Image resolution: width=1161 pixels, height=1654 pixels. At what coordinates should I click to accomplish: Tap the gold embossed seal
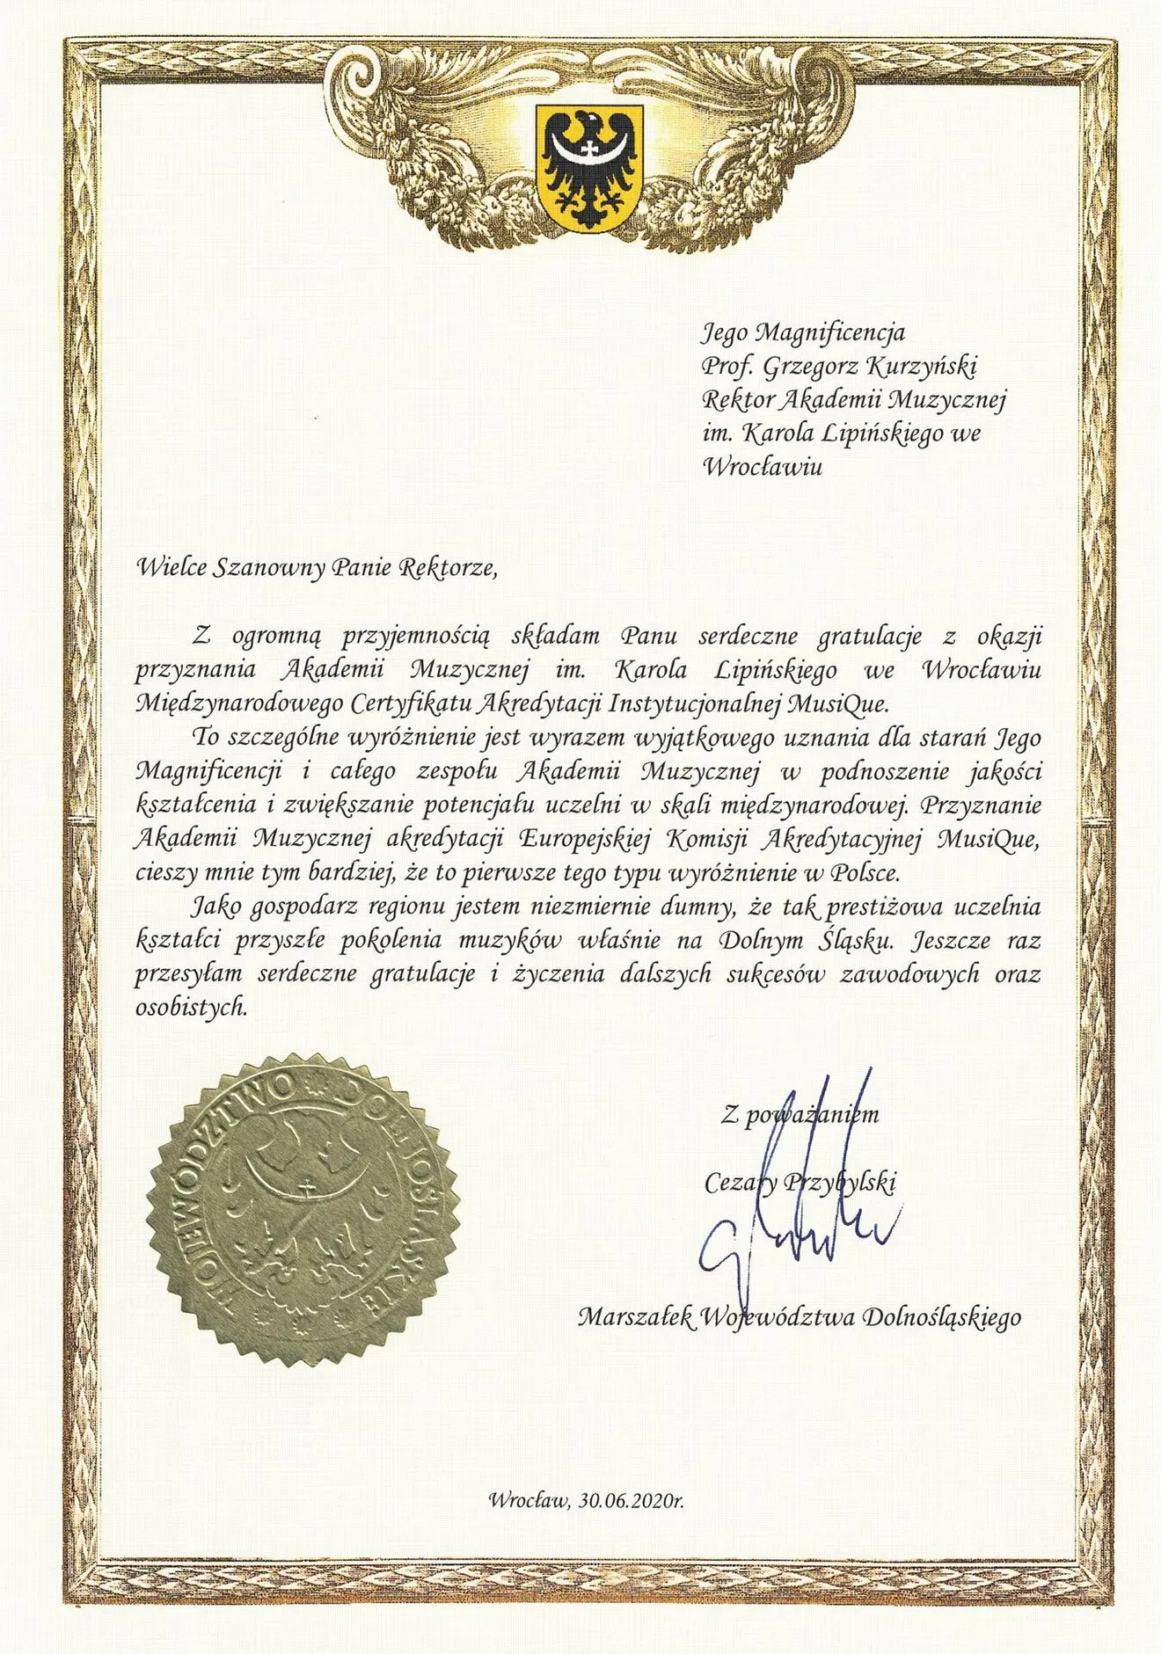pos(304,1211)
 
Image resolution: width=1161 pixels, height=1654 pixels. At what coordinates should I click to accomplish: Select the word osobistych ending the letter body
pos(190,1008)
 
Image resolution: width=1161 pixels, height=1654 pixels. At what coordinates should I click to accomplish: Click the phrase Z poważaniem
pos(799,1115)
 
